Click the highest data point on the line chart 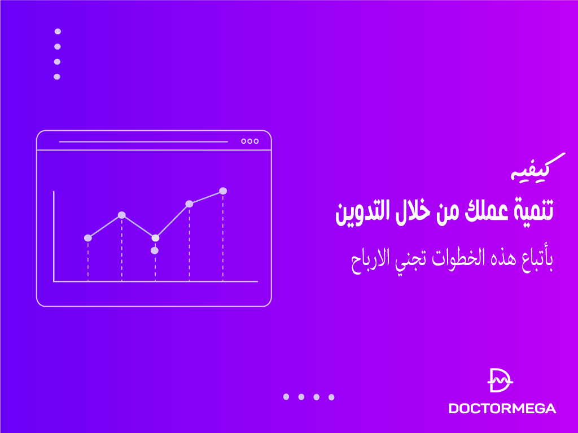pos(223,191)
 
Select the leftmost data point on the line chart pos(88,238)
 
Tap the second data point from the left pos(121,215)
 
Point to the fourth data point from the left pos(189,204)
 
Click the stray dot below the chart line pos(155,250)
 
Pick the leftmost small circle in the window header pos(243,142)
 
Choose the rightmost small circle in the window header pos(256,142)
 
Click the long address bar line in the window pos(143,142)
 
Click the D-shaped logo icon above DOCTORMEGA pos(500,381)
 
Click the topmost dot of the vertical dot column pos(57,32)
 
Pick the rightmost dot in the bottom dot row pos(331,397)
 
